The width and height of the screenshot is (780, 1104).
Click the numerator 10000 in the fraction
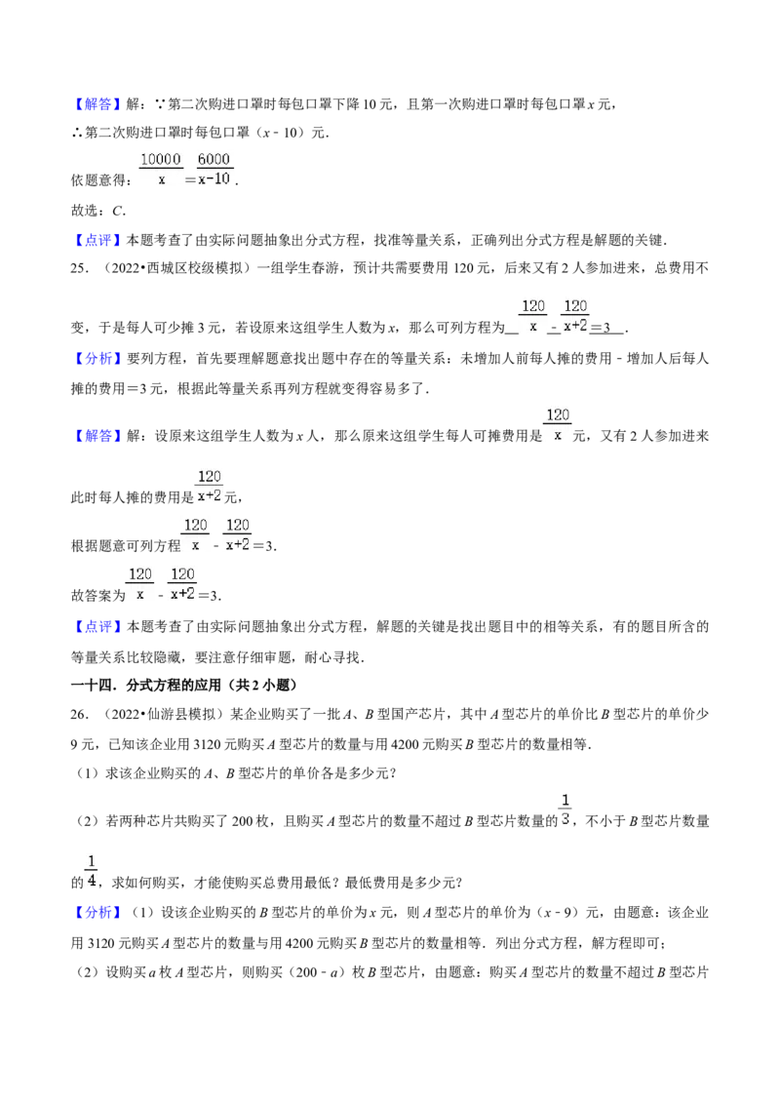[x=161, y=159]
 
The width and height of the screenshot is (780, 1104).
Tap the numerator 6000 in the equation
[x=214, y=159]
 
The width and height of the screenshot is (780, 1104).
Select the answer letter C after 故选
[x=118, y=211]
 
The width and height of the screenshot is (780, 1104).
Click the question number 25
[x=79, y=268]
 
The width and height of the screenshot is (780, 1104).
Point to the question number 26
[x=79, y=714]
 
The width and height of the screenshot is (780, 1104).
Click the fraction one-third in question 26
[x=565, y=809]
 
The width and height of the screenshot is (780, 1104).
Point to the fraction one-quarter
[x=91, y=871]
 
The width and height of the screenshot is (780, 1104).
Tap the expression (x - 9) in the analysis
[x=561, y=913]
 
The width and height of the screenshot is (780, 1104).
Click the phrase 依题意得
[x=97, y=180]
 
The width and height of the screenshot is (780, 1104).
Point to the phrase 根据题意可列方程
[x=126, y=546]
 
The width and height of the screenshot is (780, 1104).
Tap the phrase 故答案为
[x=97, y=596]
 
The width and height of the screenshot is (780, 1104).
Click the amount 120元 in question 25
[x=472, y=268]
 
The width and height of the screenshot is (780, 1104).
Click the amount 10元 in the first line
[x=378, y=104]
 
